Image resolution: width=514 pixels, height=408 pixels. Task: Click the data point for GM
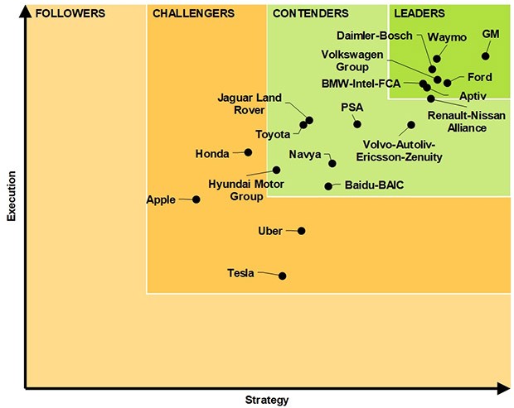pyautogui.click(x=486, y=56)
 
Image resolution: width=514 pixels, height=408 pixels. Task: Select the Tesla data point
pyautogui.click(x=283, y=276)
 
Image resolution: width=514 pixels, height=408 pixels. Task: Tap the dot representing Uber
pyautogui.click(x=301, y=231)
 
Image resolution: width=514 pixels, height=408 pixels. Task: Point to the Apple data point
pyautogui.click(x=196, y=199)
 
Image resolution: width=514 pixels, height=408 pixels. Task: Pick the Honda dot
pyautogui.click(x=248, y=152)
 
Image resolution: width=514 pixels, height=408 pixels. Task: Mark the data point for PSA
pyautogui.click(x=357, y=124)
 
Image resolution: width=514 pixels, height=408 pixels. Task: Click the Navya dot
pyautogui.click(x=332, y=163)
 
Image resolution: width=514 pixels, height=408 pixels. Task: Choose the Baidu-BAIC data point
pyautogui.click(x=328, y=186)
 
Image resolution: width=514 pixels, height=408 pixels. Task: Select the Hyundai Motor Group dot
pyautogui.click(x=277, y=170)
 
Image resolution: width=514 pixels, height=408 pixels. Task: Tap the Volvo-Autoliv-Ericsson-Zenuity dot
pyautogui.click(x=411, y=125)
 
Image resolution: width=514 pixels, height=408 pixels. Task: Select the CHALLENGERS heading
pyautogui.click(x=194, y=14)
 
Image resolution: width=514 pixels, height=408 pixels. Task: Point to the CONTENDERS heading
pyautogui.click(x=310, y=14)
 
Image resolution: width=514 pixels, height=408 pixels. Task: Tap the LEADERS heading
pyautogui.click(x=419, y=14)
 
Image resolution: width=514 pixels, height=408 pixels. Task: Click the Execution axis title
pyautogui.click(x=12, y=196)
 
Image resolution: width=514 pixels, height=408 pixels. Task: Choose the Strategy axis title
pyautogui.click(x=267, y=401)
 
